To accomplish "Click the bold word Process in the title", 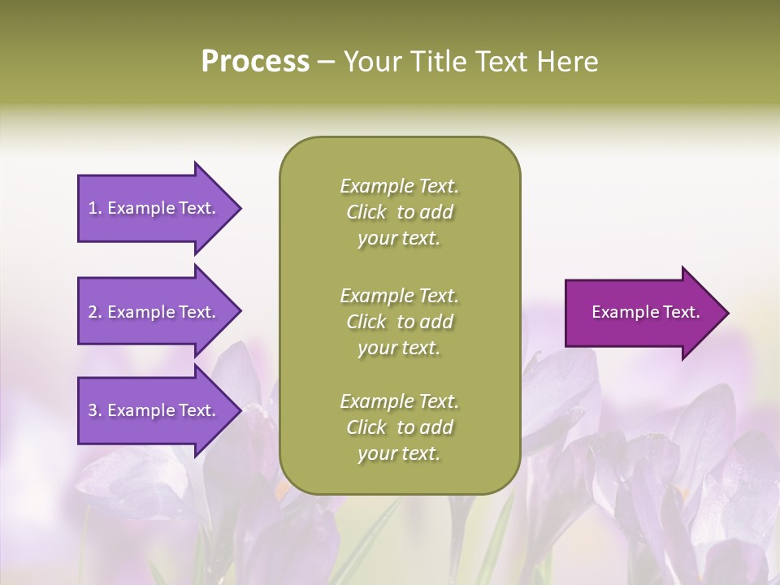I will coord(255,62).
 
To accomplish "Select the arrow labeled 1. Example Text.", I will coord(154,208).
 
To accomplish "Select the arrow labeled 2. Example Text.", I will coord(154,312).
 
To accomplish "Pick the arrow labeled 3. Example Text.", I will coord(154,410).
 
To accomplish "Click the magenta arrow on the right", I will coord(642,313).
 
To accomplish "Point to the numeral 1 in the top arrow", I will coord(92,208).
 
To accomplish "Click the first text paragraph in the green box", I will coord(399,212).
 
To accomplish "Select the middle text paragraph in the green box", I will coord(399,322).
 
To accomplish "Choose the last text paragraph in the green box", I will coord(399,427).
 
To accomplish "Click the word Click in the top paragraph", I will coord(366,212).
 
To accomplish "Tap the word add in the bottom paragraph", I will coord(437,427).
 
